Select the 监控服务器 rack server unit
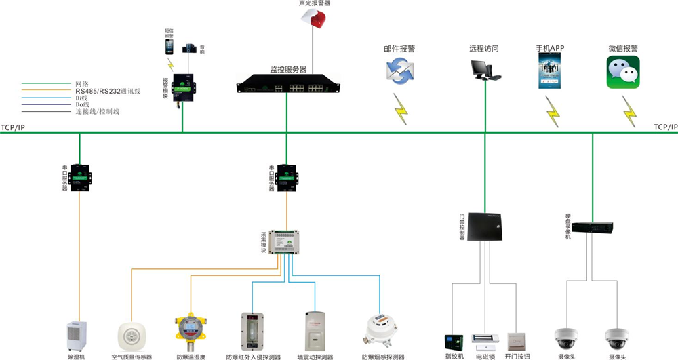pyautogui.click(x=286, y=86)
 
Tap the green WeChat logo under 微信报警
pyautogui.click(x=622, y=73)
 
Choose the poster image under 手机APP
pyautogui.click(x=550, y=73)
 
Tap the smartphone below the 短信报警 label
pyautogui.click(x=169, y=46)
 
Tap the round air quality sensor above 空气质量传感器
pyautogui.click(x=132, y=336)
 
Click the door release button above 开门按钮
pyautogui.click(x=517, y=341)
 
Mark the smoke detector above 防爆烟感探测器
pyautogui.click(x=382, y=331)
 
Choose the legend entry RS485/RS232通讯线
pyautogui.click(x=107, y=91)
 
